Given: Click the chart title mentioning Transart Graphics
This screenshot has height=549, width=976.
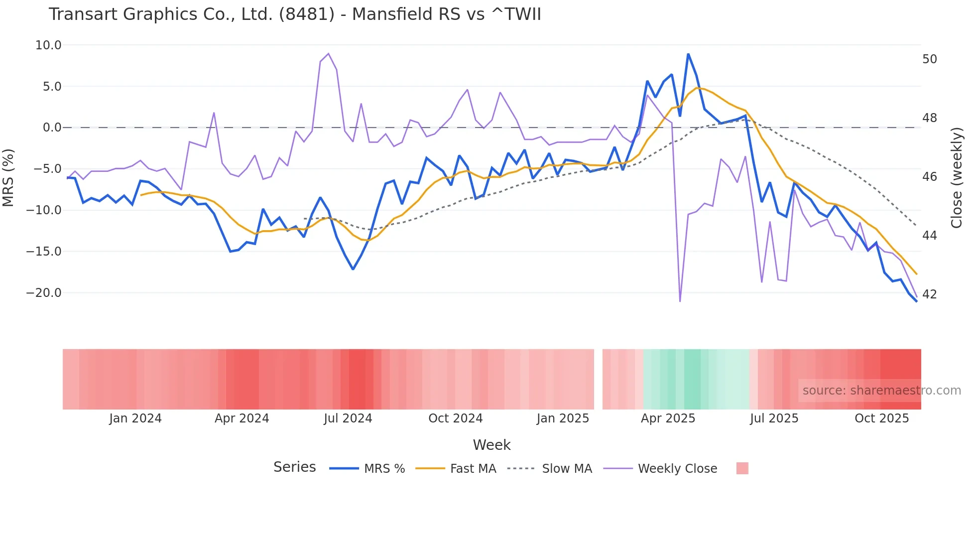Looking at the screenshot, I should (x=294, y=14).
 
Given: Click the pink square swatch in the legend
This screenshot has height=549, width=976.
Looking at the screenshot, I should (x=742, y=468).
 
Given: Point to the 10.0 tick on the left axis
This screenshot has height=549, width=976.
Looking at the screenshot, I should (x=48, y=45).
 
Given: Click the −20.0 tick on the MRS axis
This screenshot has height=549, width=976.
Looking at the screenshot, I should (x=44, y=293).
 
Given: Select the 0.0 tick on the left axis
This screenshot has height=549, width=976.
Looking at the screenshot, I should (x=52, y=128).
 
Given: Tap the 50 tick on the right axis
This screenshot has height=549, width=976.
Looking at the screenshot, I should (x=929, y=59).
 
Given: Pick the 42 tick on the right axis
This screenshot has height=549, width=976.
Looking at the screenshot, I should (x=929, y=294).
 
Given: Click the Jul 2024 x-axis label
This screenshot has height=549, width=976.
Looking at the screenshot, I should (x=348, y=418).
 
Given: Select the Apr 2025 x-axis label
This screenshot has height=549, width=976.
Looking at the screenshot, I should (x=668, y=418).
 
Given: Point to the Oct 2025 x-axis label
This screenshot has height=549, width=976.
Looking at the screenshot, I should (x=881, y=418).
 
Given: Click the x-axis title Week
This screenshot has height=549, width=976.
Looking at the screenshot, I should (x=491, y=445).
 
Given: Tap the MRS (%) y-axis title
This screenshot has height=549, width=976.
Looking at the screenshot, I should (x=8, y=177).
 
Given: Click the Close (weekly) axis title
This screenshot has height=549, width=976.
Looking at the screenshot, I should (x=956, y=177).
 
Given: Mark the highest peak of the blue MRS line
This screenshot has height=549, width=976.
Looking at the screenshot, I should (x=688, y=54).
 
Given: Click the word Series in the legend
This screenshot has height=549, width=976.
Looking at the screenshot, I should (x=294, y=467).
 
